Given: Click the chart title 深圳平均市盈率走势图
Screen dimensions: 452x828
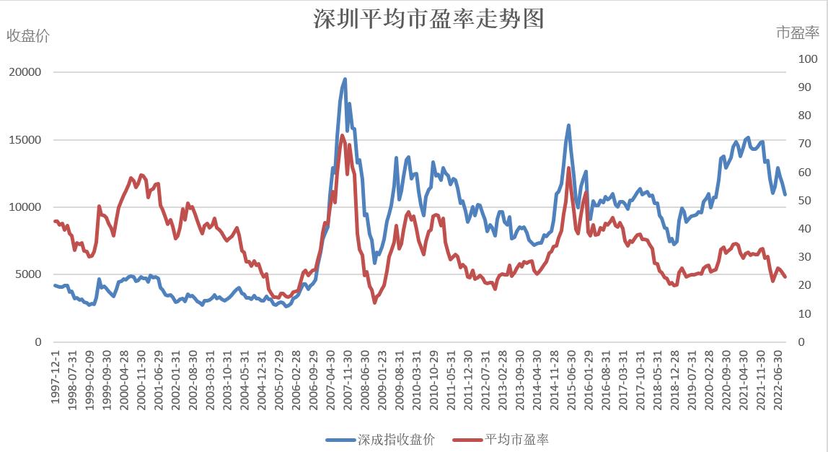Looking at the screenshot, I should coord(428,19).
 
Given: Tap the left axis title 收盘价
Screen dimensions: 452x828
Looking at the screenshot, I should coord(28,36).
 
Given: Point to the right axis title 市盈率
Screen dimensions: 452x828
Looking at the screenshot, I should coord(798,32).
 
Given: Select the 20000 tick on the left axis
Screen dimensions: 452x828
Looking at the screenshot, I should coord(26,72).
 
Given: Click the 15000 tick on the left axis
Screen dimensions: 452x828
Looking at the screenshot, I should coord(26,140).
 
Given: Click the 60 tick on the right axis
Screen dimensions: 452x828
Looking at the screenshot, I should coord(803,173).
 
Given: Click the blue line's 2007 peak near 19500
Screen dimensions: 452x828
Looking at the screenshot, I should coord(345,79).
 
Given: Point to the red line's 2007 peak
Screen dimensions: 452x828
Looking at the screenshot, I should coord(342,136).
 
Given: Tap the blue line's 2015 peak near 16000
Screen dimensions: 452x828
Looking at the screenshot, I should coord(568,126).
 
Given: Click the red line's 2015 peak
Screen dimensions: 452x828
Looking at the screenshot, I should coord(569,168).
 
